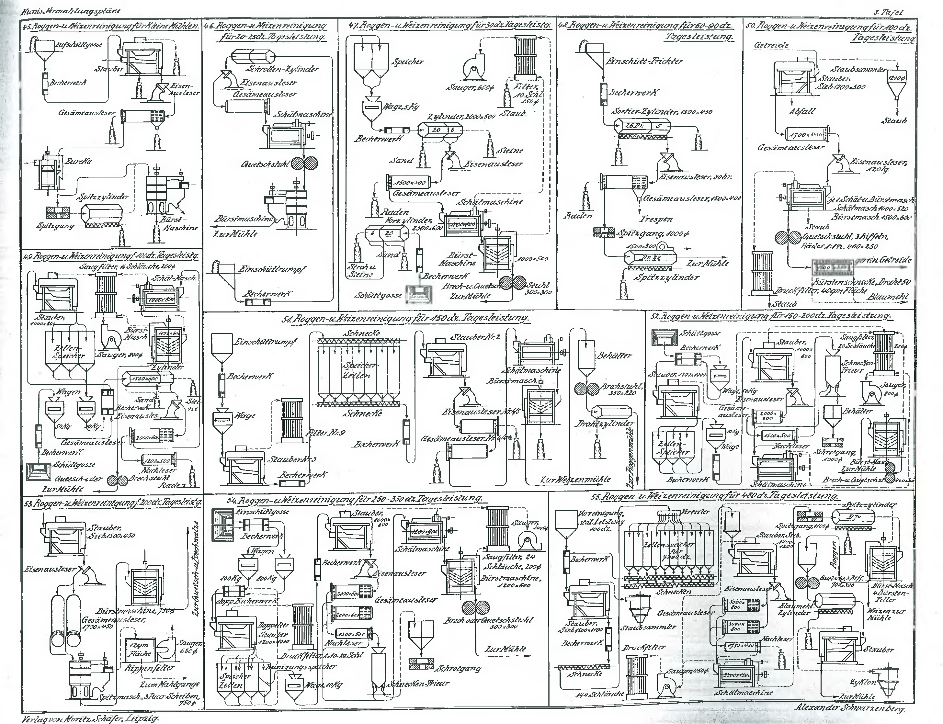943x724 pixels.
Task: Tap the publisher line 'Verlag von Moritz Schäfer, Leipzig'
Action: click(90, 718)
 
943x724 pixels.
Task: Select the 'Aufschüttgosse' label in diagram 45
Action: click(78, 44)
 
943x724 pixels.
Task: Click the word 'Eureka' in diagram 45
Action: click(78, 162)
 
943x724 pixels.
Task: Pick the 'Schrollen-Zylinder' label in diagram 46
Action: click(282, 69)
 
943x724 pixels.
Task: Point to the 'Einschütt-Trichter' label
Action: click(644, 62)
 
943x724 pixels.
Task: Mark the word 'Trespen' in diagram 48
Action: click(656, 219)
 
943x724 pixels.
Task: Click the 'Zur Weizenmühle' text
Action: click(575, 479)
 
